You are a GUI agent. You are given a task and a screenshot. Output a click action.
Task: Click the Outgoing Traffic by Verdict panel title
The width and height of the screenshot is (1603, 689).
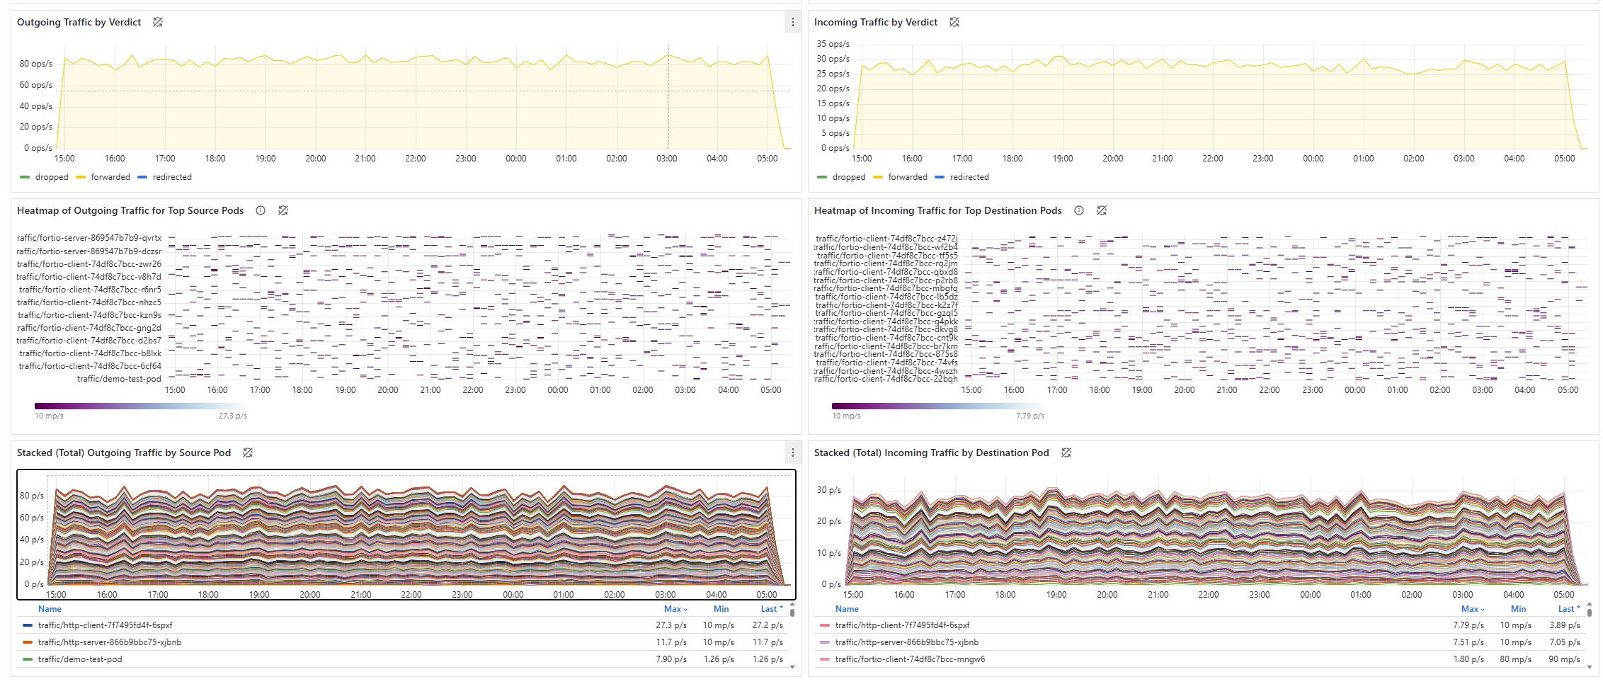pos(79,23)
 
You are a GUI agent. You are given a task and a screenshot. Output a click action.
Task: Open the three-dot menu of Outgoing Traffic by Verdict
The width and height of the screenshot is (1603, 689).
pos(792,23)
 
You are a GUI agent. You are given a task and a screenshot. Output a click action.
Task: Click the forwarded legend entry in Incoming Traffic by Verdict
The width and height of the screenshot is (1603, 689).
pos(907,177)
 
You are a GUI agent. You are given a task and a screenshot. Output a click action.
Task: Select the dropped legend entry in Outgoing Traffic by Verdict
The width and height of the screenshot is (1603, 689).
pos(51,177)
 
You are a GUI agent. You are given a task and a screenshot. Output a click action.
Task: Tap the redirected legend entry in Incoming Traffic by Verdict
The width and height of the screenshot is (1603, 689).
pos(969,177)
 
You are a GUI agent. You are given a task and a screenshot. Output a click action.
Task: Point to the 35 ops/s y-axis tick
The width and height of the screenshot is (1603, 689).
pos(833,44)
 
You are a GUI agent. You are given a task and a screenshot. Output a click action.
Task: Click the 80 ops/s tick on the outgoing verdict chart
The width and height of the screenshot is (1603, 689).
pos(35,64)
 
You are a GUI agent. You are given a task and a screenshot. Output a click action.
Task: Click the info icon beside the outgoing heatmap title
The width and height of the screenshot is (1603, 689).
pos(261,211)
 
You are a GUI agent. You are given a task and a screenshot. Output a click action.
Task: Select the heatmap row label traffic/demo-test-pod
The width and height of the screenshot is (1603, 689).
pos(119,379)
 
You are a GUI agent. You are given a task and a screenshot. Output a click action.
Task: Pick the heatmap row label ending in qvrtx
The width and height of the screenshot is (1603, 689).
pos(89,238)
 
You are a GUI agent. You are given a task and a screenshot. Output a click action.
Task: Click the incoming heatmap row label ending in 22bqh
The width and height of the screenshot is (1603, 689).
pos(886,379)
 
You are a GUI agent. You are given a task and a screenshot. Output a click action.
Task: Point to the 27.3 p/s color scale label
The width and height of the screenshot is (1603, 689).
pos(233,416)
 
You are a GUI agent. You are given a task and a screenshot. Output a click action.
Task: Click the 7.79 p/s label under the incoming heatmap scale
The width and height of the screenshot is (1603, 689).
pos(1029,416)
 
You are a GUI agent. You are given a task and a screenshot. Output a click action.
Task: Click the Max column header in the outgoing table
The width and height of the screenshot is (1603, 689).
pos(673,609)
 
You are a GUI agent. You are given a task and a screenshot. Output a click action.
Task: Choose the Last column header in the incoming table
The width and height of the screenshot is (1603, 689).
pos(1565,609)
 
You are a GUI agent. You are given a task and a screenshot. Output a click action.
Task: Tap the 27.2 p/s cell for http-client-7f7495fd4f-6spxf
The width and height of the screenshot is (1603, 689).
pos(768,625)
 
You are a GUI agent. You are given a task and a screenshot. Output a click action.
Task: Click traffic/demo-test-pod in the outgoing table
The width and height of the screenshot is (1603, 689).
pos(80,659)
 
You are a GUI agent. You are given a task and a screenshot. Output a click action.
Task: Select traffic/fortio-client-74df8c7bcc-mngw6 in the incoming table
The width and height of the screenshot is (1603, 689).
pos(910,659)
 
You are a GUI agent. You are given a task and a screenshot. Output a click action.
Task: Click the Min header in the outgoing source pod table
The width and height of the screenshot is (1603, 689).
pos(721,609)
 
